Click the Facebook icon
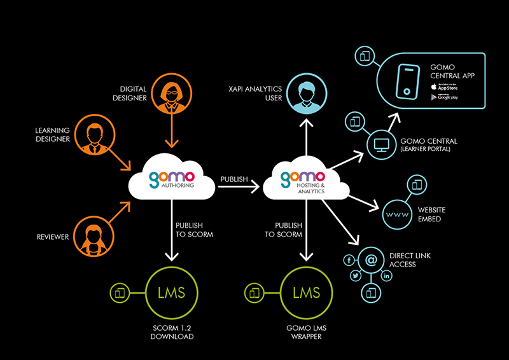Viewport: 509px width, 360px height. [348, 260]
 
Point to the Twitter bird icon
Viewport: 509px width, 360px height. [356, 275]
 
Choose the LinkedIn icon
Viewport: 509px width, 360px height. [386, 275]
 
